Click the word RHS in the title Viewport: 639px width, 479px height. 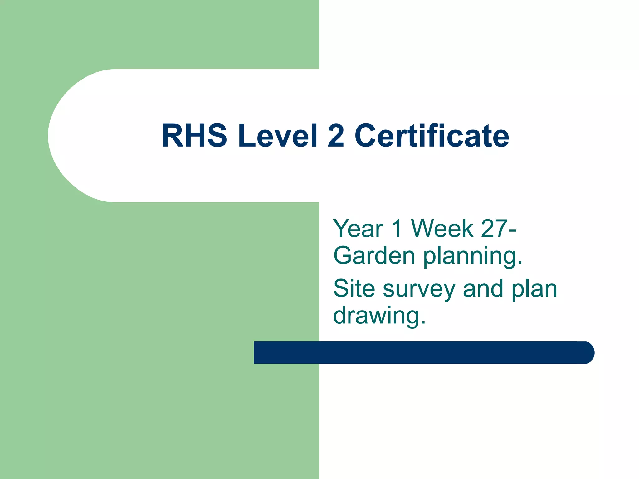(x=194, y=136)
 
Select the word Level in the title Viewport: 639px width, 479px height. (x=277, y=136)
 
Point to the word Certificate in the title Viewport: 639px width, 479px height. (x=432, y=136)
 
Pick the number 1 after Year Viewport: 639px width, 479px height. (x=397, y=229)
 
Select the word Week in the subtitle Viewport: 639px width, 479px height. (x=442, y=229)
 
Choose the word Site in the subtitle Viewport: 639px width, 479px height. (x=354, y=289)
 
